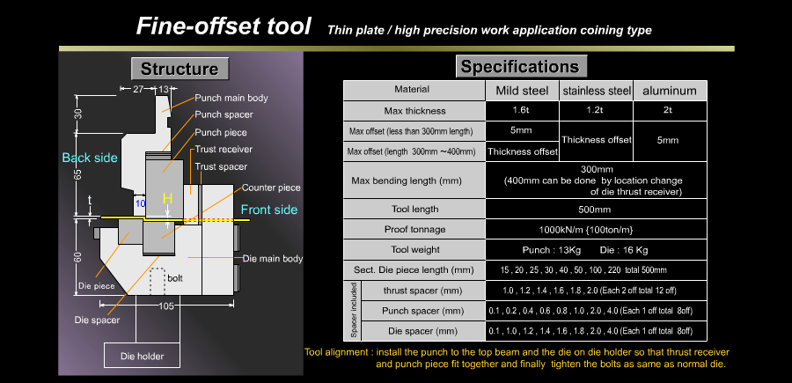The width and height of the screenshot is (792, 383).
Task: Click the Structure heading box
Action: click(x=180, y=69)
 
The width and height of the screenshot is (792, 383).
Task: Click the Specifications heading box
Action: click(x=521, y=66)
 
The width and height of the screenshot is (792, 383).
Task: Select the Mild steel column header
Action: click(x=522, y=91)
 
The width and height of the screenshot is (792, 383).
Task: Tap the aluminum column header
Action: click(x=670, y=91)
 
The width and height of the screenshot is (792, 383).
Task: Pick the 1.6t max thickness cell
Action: click(x=522, y=111)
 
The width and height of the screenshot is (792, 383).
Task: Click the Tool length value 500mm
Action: click(x=595, y=210)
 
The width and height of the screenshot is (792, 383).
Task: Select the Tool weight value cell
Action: click(x=595, y=249)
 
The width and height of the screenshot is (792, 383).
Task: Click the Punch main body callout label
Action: click(x=231, y=98)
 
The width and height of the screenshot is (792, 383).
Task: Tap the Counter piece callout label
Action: click(x=271, y=188)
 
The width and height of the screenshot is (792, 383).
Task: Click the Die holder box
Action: click(x=142, y=356)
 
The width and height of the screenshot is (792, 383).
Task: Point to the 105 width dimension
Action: click(x=166, y=306)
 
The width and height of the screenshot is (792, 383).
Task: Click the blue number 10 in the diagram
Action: click(x=140, y=203)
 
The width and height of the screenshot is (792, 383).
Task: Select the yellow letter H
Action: click(x=167, y=199)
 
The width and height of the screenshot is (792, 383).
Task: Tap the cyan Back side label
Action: click(x=90, y=158)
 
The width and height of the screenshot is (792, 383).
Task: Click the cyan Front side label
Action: click(x=268, y=210)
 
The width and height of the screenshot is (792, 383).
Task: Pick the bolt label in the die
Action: click(x=175, y=278)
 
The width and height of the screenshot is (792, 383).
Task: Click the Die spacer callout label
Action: click(x=97, y=320)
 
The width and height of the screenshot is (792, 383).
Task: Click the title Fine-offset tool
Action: click(x=224, y=26)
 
